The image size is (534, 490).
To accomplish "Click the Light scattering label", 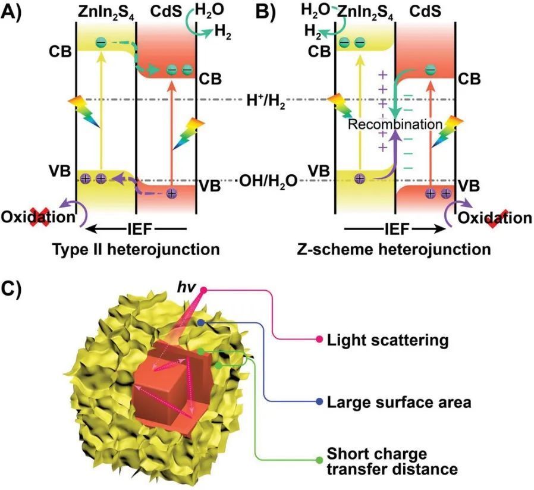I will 387,340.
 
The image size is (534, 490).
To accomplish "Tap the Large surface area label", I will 399,402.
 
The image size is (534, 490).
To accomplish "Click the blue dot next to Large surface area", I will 321,402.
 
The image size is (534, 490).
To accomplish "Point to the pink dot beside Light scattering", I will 321,340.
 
